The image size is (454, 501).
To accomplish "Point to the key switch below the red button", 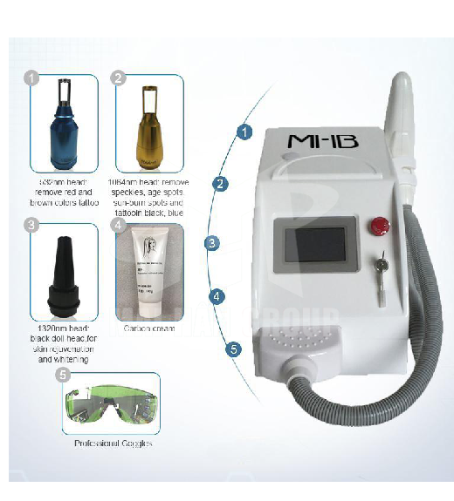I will click(x=382, y=264).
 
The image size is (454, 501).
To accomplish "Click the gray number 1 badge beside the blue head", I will click(x=33, y=78).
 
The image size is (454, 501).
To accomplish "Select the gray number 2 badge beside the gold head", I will click(x=118, y=78).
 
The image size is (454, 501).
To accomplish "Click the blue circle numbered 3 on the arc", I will click(x=210, y=243).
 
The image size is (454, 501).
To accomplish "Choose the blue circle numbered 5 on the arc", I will click(x=233, y=349).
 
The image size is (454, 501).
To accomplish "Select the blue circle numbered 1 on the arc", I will click(x=245, y=132).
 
